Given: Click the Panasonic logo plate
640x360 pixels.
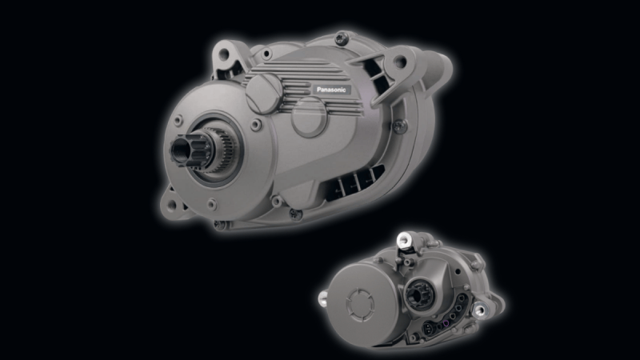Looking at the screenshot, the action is pos(331,90).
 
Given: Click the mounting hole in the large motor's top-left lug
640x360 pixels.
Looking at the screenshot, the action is pos(224,54).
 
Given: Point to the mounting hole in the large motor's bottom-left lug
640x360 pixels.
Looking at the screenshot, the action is pos(172,206).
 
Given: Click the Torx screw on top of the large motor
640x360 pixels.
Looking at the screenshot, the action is pos(341,38).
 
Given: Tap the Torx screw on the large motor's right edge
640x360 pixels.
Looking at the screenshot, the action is pos(399,126).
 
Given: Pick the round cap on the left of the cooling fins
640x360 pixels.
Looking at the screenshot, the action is pos(263,93).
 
